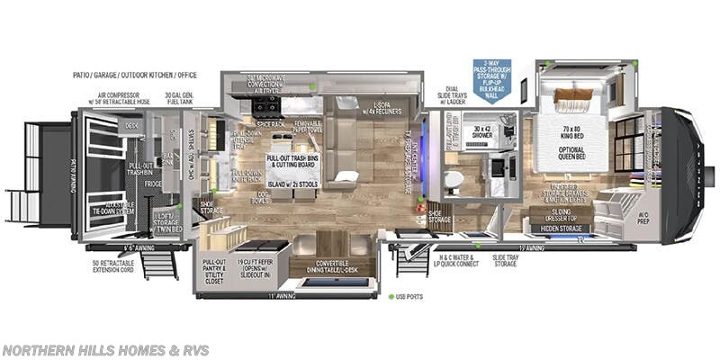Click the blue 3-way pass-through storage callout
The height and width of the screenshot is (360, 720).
(491, 78)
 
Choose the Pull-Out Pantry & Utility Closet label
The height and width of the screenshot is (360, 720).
(215, 269)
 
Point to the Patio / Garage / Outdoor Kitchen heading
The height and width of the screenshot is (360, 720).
(136, 76)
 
